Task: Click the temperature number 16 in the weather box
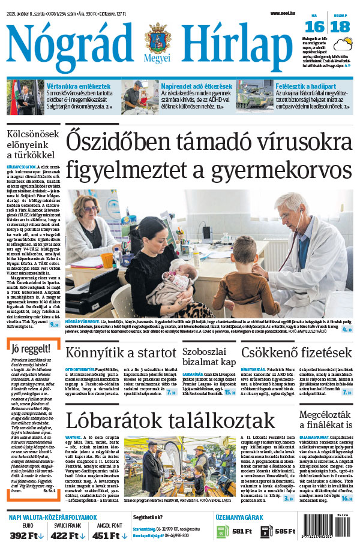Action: [x=314, y=26]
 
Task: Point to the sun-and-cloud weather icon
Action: [x=344, y=45]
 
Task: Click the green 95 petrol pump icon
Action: [x=220, y=531]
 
